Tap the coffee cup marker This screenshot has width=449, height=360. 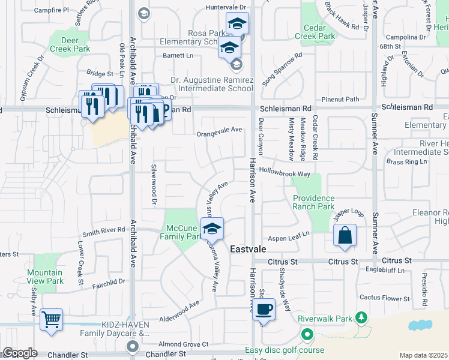point(264,310)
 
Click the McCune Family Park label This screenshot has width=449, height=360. point(183,232)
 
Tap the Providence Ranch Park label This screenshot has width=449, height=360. point(313,202)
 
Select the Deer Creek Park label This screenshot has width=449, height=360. point(69,44)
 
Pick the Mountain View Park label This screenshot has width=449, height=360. point(45,277)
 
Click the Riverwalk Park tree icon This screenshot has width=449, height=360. point(361,316)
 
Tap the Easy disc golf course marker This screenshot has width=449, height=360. point(307,335)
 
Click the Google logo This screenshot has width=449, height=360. point(20,353)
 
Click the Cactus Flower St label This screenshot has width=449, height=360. point(384,298)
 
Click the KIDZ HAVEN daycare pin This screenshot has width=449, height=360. point(132,346)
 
